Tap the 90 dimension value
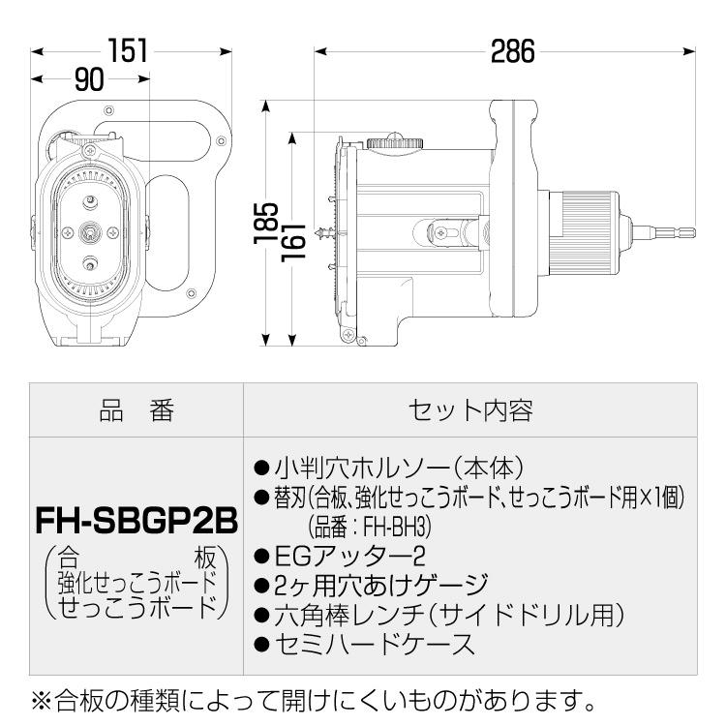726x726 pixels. [89, 79]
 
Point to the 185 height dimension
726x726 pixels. [266, 224]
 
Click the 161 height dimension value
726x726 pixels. [293, 243]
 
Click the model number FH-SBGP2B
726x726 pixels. [136, 521]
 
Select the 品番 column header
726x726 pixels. [136, 410]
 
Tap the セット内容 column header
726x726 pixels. [470, 410]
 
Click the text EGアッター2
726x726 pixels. [349, 556]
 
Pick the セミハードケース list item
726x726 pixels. [374, 644]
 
